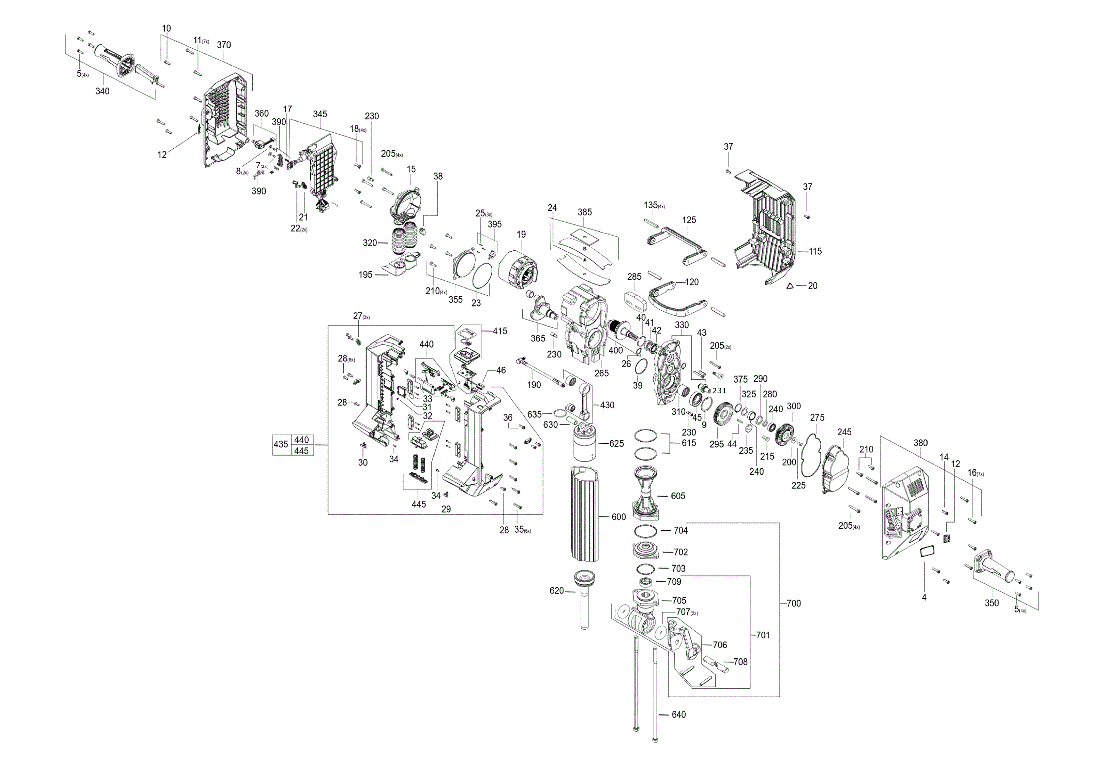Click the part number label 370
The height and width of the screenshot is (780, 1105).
coord(224,45)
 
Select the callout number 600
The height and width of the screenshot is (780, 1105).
coord(618,517)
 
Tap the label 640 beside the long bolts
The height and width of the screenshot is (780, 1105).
coord(679,715)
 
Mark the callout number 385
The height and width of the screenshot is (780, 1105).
coord(585,212)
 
